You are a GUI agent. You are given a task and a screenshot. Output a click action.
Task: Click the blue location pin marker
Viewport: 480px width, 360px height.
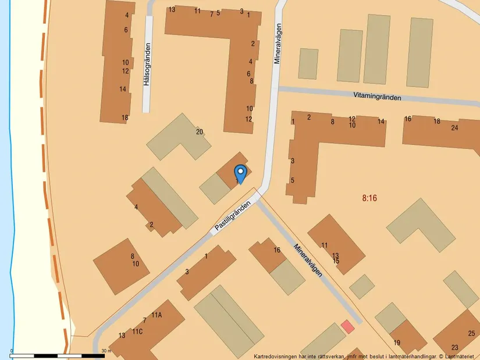(x=240, y=173)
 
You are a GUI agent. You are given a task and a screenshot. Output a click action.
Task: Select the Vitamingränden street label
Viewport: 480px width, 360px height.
(x=377, y=97)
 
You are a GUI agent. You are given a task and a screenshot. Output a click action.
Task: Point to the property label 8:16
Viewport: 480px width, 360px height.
(x=369, y=198)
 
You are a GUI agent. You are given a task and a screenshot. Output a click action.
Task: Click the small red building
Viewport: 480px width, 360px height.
(x=347, y=327)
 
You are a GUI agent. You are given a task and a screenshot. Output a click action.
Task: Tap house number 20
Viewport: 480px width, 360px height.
(x=200, y=132)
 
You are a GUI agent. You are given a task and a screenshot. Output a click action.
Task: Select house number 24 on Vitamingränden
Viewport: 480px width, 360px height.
(x=454, y=128)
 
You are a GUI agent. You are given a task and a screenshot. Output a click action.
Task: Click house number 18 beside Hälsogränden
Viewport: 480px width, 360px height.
(x=125, y=118)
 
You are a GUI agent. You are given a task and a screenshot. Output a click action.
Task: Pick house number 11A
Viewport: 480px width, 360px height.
(x=156, y=315)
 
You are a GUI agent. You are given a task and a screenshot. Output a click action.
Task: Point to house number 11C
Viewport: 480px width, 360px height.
(x=137, y=332)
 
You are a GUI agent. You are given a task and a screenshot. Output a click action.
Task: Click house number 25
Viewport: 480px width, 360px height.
(x=471, y=333)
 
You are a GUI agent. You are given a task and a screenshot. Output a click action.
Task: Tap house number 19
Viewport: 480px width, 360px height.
(x=397, y=343)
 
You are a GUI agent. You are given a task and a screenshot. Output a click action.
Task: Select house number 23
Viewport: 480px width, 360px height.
(x=454, y=347)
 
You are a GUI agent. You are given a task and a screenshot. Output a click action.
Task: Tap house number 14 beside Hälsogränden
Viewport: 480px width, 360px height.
(x=123, y=89)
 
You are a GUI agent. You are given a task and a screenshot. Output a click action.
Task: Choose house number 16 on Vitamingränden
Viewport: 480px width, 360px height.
(x=408, y=119)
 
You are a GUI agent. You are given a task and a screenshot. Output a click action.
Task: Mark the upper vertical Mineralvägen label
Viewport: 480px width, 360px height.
(x=278, y=43)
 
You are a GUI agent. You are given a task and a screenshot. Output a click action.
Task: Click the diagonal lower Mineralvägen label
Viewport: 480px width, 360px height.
(x=308, y=262)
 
